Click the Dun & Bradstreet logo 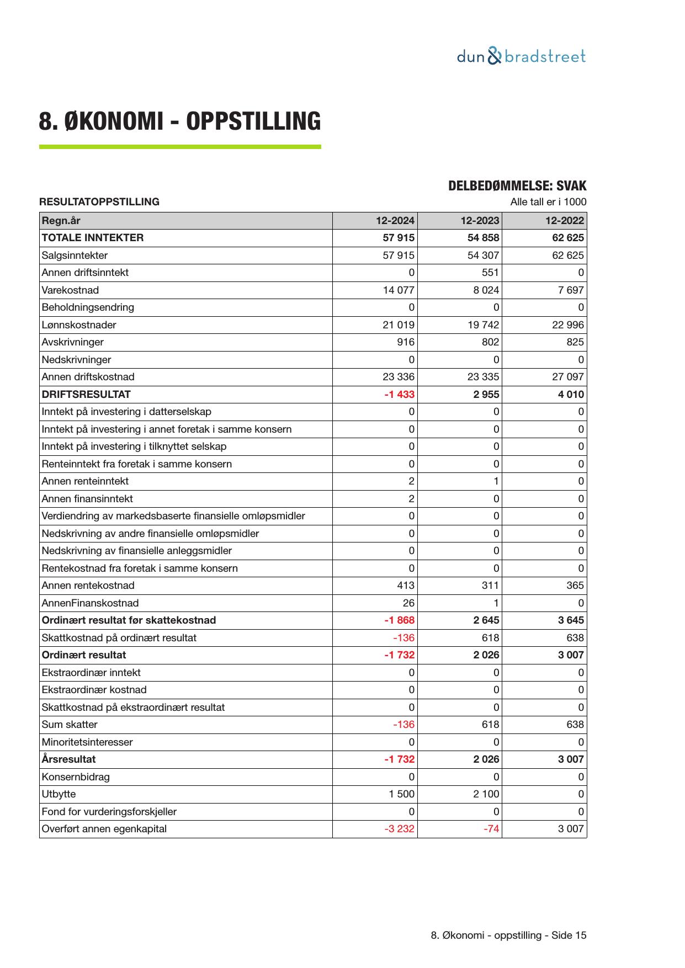[521, 56]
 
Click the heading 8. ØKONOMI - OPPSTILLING [179, 121]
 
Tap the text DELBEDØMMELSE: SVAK [517, 186]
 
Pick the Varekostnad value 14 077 [399, 290]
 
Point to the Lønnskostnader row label [79, 325]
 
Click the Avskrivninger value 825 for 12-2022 [575, 342]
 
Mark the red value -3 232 [399, 829]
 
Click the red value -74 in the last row [491, 829]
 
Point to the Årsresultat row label [68, 759]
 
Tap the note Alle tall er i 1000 [548, 202]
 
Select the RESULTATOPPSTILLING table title [99, 202]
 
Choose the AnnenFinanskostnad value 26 [408, 603]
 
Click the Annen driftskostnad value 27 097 [568, 377]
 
